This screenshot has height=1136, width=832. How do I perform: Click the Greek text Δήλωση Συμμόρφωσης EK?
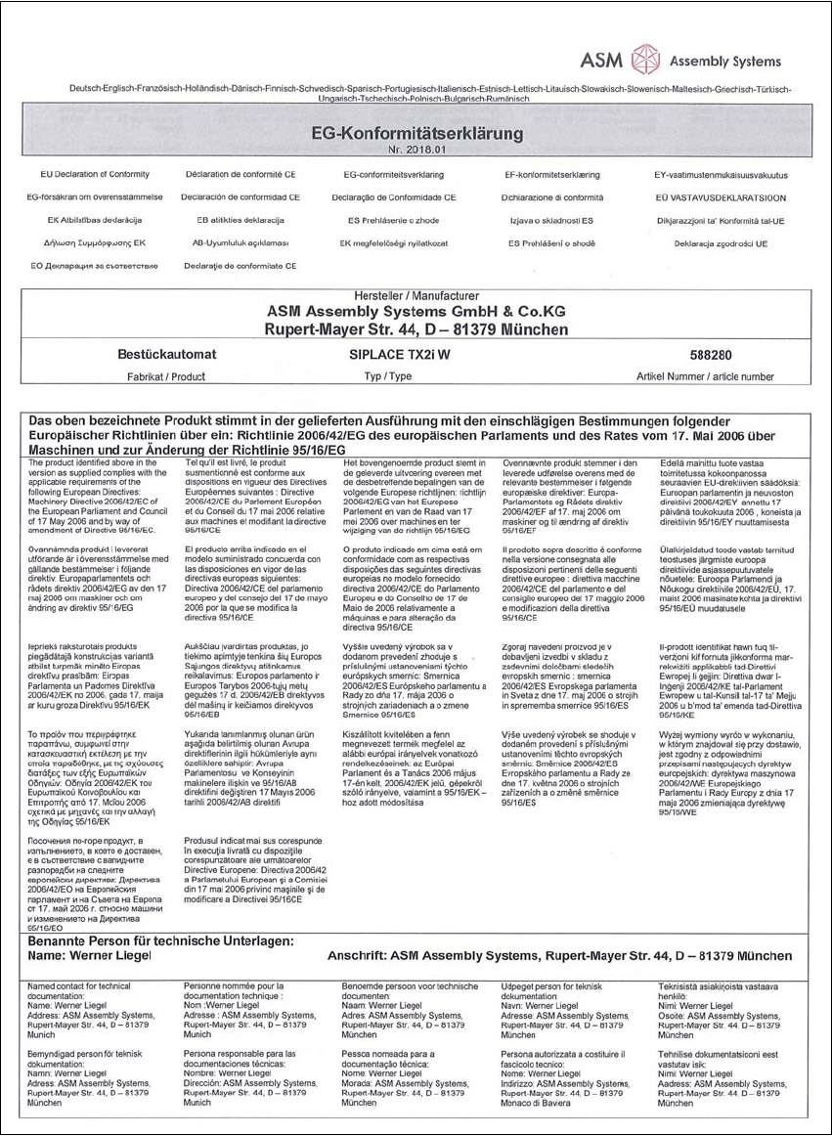coord(94,241)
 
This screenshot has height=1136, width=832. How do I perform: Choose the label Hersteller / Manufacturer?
coord(416,294)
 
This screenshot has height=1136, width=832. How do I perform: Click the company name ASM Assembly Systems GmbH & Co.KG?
coord(416,311)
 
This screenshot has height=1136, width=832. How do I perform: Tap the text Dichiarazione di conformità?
coord(559,197)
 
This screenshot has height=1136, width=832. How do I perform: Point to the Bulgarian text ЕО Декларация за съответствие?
coord(94,265)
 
